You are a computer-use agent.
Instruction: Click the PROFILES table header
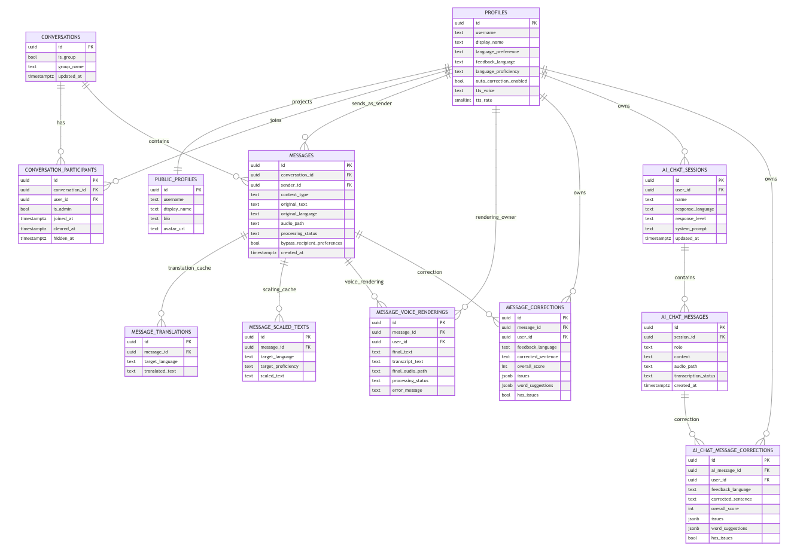(495, 13)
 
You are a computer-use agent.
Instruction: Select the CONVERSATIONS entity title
(61, 37)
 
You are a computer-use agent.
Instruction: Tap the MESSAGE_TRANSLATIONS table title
(161, 332)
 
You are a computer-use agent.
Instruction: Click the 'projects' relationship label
(302, 102)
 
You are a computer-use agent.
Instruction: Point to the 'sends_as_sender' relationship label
(372, 103)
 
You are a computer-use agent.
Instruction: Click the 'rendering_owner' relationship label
(495, 217)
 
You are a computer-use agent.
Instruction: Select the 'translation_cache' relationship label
(189, 268)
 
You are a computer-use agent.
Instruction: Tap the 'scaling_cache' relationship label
(279, 289)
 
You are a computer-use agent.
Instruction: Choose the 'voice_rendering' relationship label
(364, 282)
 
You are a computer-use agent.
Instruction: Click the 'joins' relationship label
(275, 120)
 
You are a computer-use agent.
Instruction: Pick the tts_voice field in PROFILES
(485, 91)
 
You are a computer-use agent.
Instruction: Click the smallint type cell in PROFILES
(463, 100)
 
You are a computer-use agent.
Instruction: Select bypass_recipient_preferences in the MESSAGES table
(311, 243)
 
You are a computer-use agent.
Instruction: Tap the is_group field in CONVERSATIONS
(66, 57)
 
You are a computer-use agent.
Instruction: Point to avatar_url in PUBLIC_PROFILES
(174, 228)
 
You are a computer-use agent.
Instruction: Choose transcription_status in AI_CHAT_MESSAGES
(694, 376)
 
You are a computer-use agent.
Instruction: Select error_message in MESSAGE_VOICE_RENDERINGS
(407, 391)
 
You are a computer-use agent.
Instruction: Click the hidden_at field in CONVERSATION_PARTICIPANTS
(64, 238)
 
